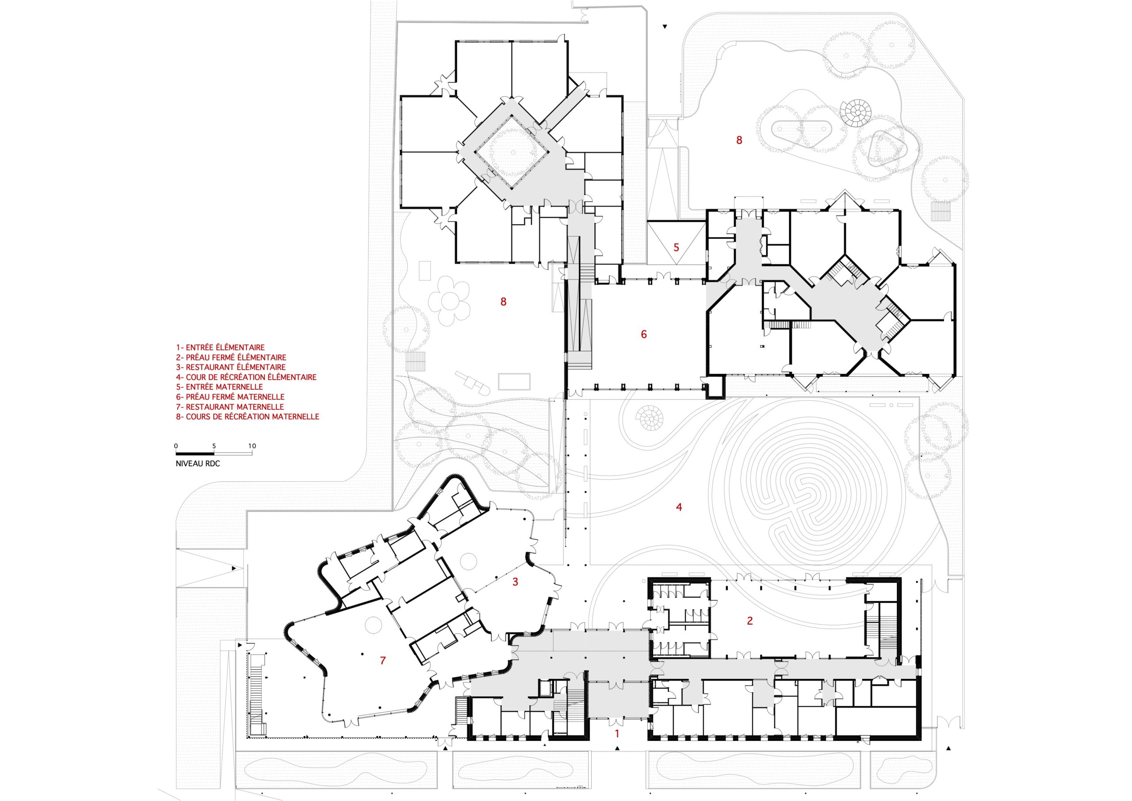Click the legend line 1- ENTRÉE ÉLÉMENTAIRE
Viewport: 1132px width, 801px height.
[220, 348]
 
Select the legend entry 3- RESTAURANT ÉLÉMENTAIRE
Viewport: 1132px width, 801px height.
[231, 368]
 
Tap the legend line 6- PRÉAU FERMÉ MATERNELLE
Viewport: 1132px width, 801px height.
[230, 397]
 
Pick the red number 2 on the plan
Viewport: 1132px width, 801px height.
[750, 621]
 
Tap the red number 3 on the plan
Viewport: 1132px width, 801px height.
[515, 582]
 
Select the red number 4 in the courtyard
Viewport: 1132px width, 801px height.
[679, 507]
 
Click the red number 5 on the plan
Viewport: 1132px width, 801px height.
[677, 248]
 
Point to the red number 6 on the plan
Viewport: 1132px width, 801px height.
[644, 334]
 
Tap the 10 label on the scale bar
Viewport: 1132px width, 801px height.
[252, 446]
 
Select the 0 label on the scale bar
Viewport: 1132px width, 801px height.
[176, 446]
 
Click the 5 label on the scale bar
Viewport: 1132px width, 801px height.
[214, 446]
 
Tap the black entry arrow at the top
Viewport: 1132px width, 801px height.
[665, 27]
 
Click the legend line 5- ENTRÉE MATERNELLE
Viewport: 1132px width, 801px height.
[219, 387]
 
